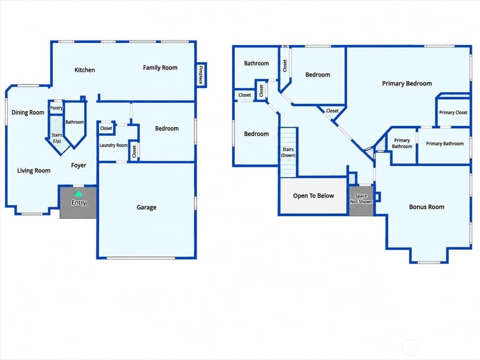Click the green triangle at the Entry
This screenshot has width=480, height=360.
click(79, 193)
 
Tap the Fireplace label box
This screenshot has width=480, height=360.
click(201, 75)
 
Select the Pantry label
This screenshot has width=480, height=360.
click(56, 108)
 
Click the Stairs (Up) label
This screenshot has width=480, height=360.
click(57, 138)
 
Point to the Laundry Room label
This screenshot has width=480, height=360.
click(113, 145)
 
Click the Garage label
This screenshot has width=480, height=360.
click(146, 207)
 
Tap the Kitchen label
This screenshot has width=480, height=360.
click(85, 70)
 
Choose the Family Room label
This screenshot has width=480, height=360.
click(160, 68)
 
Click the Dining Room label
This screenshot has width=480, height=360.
click(28, 112)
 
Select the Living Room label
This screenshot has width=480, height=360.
click(34, 170)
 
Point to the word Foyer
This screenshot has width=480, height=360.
click(78, 165)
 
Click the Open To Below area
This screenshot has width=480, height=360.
click(314, 196)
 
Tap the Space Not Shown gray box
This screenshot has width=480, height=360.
click(361, 200)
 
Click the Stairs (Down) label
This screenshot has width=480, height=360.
click(288, 152)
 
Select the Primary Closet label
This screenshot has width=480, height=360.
click(453, 112)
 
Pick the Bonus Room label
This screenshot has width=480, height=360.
click(427, 207)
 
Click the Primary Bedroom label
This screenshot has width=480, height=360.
click(407, 83)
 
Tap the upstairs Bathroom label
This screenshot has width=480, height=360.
click(256, 63)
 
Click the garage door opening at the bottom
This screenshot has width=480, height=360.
click(140, 258)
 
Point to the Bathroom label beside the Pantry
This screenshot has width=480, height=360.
click(74, 122)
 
